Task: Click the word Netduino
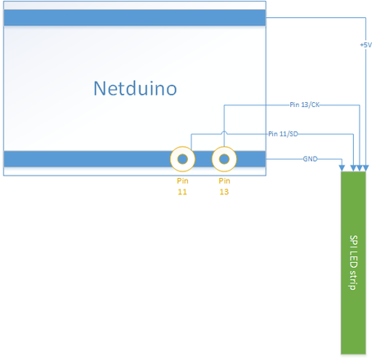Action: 135,87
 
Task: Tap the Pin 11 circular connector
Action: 182,158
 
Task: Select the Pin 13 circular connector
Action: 224,158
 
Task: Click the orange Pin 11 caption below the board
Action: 182,187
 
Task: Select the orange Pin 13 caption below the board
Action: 224,187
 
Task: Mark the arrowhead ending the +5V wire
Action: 366,168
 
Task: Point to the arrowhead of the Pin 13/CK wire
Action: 359,168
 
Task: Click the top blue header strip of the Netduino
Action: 135,18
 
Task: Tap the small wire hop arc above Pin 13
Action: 224,132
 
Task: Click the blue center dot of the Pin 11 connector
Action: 182,158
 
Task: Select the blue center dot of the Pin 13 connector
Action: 224,158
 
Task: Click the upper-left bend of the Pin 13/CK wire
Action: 224,105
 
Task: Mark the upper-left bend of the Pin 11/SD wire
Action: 190,133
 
